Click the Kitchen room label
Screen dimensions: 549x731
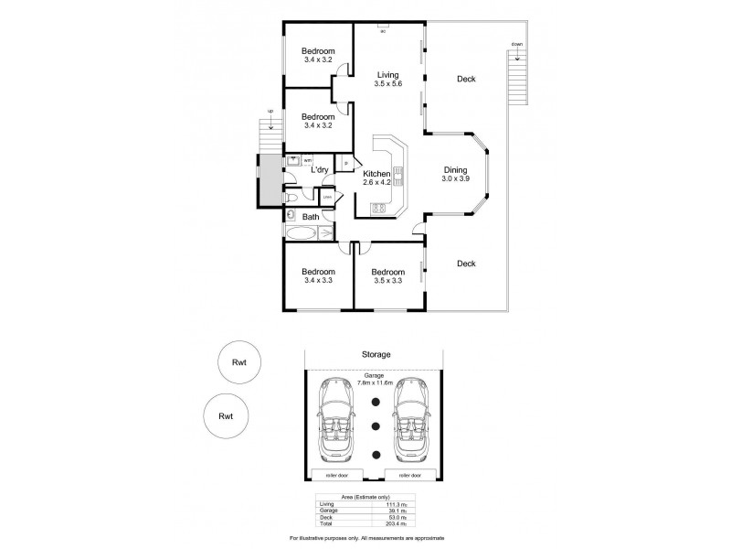(x=376, y=174)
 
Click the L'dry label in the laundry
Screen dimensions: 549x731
(x=320, y=170)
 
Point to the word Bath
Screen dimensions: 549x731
(x=311, y=217)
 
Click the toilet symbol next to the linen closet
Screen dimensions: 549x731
(x=289, y=197)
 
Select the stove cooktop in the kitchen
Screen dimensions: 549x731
(x=378, y=209)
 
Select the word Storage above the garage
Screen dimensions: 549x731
(x=375, y=354)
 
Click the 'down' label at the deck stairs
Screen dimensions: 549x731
(x=517, y=44)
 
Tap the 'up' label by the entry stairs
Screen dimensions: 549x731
(x=270, y=112)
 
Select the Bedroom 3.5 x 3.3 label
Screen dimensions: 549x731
(x=387, y=275)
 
